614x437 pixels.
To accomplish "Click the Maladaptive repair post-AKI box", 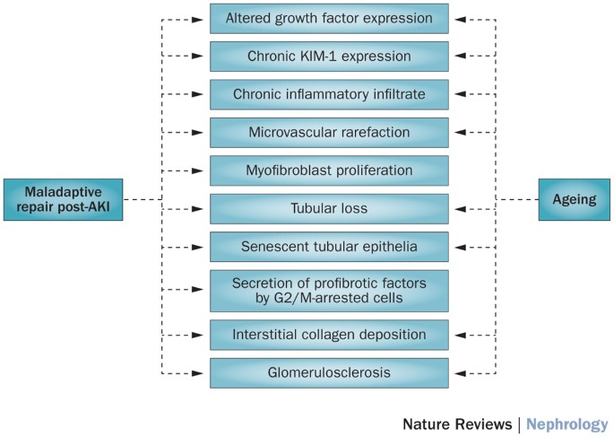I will coord(62,199).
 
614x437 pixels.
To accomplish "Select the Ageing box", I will coord(573,199).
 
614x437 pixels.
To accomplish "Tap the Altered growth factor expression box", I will coord(329,17).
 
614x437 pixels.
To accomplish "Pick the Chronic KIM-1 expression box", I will coord(329,56).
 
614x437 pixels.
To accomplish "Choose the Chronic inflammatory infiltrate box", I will coord(329,94).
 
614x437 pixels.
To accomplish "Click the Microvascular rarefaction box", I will coord(329,132).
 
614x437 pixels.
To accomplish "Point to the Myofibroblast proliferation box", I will coord(329,170).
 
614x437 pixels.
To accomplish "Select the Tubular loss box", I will coord(329,208).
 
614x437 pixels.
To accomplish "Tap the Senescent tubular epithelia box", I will coord(329,246).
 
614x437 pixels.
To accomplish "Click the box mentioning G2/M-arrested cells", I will coord(329,290).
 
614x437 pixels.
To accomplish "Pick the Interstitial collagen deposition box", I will coord(329,335).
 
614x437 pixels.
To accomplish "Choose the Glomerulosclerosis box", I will coord(329,372).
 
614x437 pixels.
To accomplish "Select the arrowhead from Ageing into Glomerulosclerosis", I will coord(458,372).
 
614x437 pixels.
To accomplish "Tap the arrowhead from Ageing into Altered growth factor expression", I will coord(458,17).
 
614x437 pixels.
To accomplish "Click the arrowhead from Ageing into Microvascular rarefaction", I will coord(458,132).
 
